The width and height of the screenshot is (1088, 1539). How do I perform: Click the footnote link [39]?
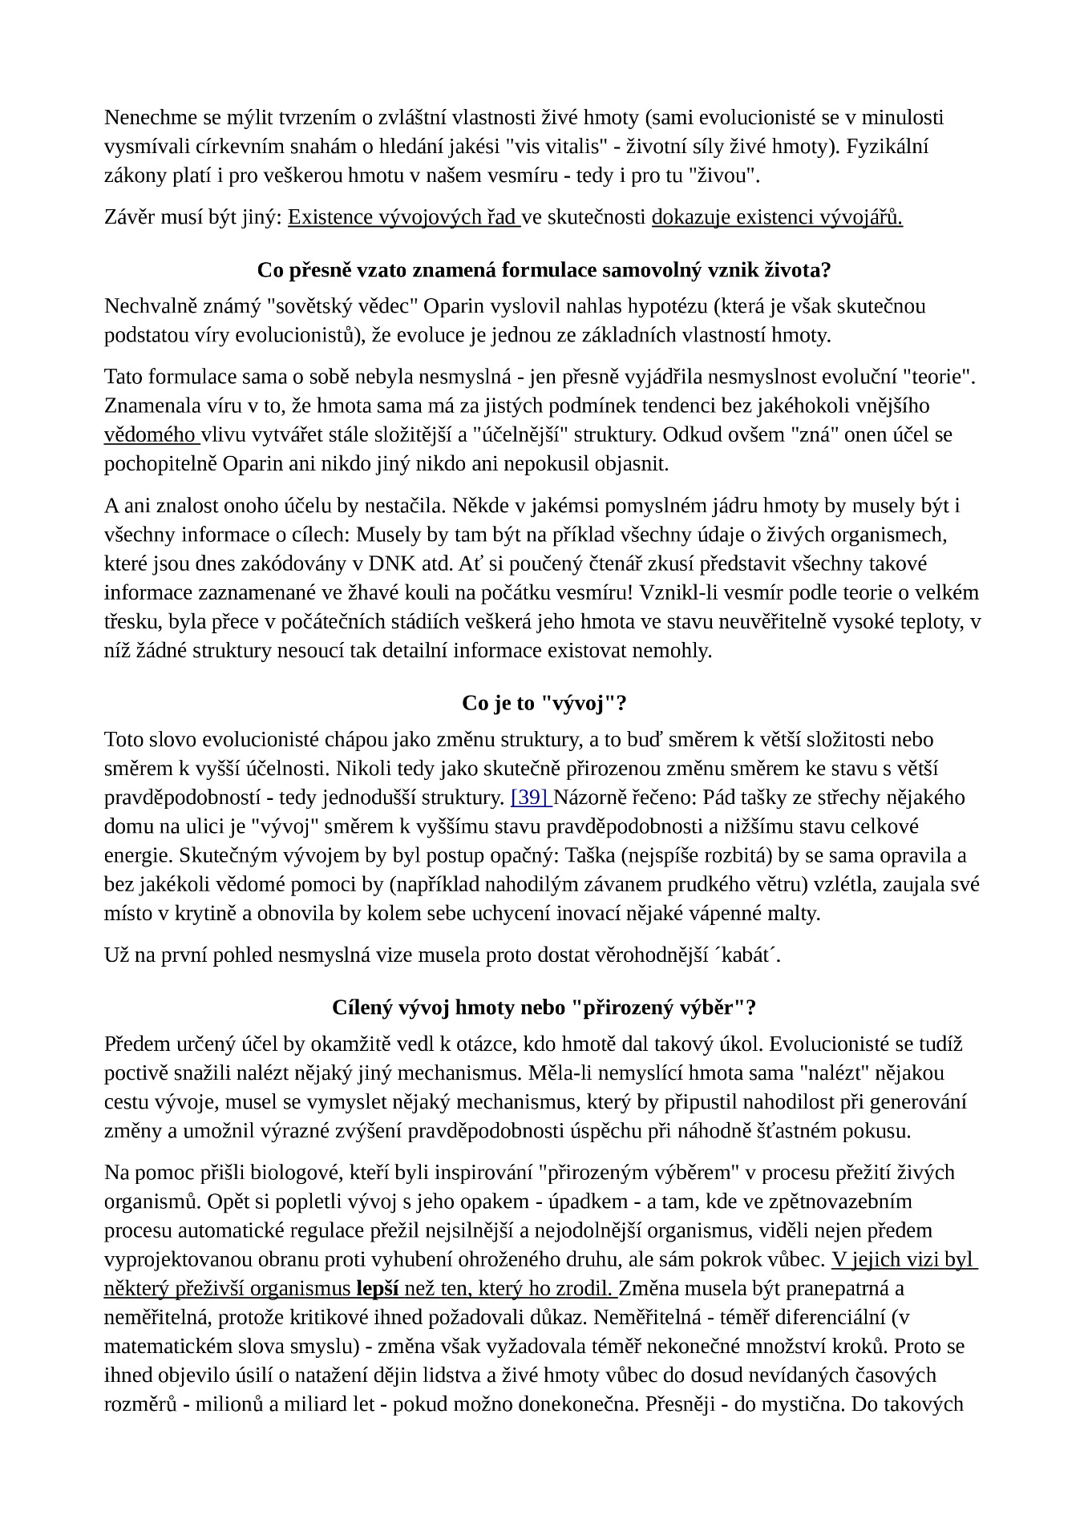(x=530, y=798)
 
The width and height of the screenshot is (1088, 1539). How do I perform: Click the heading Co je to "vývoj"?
(x=544, y=703)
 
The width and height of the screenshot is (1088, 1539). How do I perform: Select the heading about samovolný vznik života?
(x=544, y=270)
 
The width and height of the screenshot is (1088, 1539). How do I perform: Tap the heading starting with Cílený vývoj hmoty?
(x=544, y=1008)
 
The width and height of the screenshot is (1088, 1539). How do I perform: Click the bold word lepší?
(x=377, y=1288)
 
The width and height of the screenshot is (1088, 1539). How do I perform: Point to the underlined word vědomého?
(x=150, y=435)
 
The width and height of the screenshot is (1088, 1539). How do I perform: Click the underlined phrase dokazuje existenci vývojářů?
(x=777, y=217)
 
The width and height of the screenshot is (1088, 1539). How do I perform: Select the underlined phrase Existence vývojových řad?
(x=403, y=217)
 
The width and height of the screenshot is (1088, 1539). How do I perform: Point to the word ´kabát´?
(x=746, y=955)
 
